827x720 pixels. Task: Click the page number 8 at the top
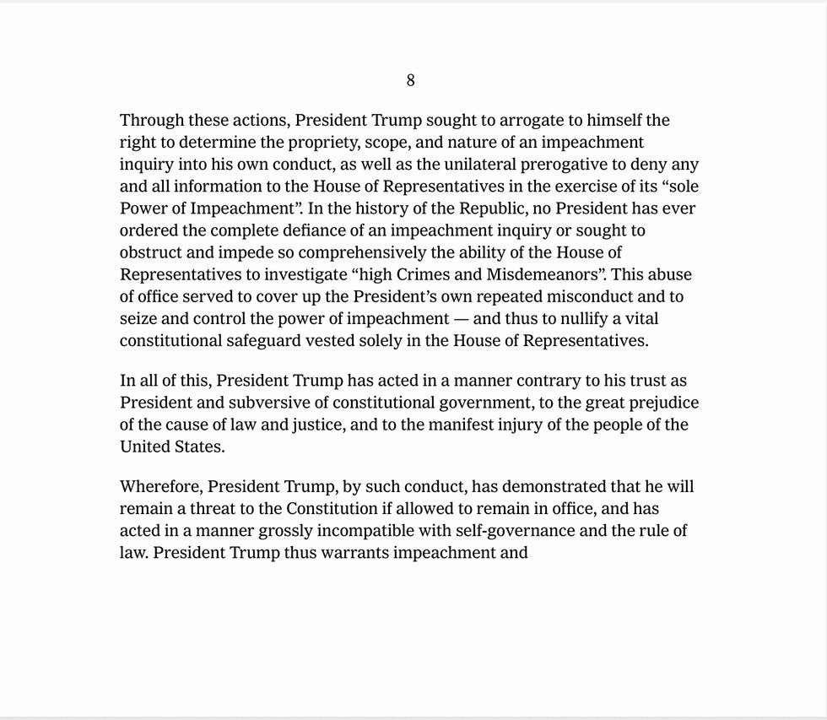pyautogui.click(x=411, y=80)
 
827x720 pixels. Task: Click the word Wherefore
pyautogui.click(x=160, y=487)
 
